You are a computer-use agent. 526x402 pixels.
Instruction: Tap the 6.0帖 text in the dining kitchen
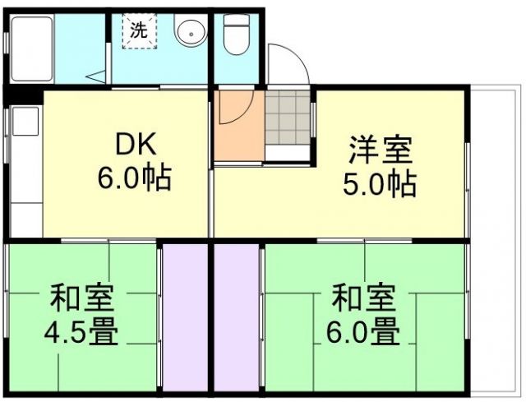coord(136,178)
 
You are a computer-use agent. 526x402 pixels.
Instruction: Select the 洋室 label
coord(380,153)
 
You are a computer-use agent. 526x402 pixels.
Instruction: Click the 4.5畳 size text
coord(81,333)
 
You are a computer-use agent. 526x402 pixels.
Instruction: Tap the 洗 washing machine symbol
coord(140,31)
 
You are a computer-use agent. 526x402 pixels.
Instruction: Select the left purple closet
coord(185,317)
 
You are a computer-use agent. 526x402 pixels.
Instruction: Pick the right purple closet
coord(238,317)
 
